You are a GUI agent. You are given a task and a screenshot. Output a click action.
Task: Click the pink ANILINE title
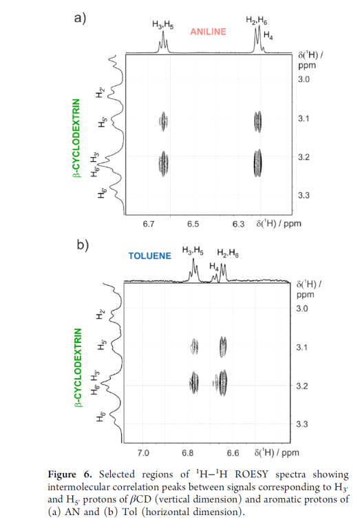pyautogui.click(x=208, y=32)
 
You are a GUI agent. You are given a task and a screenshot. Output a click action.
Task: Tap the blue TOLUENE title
pyautogui.click(x=150, y=255)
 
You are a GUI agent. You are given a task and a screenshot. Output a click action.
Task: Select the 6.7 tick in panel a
pyautogui.click(x=149, y=224)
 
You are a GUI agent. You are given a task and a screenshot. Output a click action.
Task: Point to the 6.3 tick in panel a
pyautogui.click(x=238, y=224)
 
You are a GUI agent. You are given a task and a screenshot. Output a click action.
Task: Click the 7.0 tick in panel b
pyautogui.click(x=143, y=452)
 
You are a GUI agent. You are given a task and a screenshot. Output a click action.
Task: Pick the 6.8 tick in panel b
pyautogui.click(x=188, y=452)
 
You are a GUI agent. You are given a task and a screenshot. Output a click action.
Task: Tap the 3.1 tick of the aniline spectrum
pyautogui.click(x=304, y=118)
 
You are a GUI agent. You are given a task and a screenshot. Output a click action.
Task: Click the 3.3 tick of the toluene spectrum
pyautogui.click(x=302, y=424)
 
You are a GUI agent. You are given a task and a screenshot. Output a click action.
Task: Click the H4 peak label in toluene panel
pyautogui.click(x=214, y=267)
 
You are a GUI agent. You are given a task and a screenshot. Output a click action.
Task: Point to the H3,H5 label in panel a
pyautogui.click(x=162, y=25)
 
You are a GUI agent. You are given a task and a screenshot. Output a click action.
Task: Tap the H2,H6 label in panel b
pyautogui.click(x=228, y=253)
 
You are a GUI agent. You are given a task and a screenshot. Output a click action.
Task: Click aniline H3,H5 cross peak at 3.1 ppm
pyautogui.click(x=163, y=121)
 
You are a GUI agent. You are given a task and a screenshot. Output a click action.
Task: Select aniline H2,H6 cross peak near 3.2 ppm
pyautogui.click(x=258, y=163)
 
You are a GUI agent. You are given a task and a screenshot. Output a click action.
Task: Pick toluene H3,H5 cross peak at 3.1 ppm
pyautogui.click(x=194, y=346)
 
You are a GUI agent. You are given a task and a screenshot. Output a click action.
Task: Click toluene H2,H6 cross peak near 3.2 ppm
pyautogui.click(x=223, y=382)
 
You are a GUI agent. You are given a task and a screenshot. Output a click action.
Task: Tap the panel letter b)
pyautogui.click(x=83, y=245)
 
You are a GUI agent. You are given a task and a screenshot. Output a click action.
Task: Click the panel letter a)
pyautogui.click(x=80, y=18)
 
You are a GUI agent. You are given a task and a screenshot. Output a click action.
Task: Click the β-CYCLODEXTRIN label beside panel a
pyautogui.click(x=77, y=138)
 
